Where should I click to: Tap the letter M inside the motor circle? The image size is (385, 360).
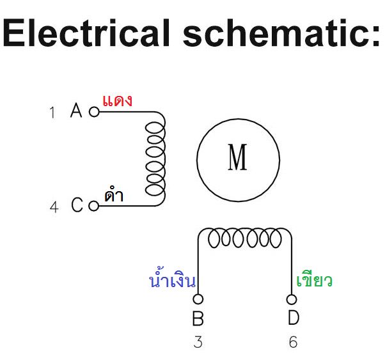click(237, 157)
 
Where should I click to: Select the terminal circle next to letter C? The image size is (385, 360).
click(94, 206)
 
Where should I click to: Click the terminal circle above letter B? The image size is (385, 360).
click(198, 299)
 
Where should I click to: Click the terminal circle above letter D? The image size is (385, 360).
click(292, 299)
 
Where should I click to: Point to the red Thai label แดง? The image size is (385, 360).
click(117, 100)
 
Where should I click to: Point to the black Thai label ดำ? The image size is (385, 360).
click(114, 196)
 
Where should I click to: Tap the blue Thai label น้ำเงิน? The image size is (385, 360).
click(171, 280)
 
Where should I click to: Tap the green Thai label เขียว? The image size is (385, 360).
click(315, 280)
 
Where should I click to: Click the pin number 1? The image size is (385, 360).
click(52, 113)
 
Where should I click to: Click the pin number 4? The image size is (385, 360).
click(54, 207)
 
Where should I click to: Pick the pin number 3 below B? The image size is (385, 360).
click(198, 342)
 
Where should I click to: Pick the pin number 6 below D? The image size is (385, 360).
click(293, 342)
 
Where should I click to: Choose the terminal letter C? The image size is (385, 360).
click(77, 206)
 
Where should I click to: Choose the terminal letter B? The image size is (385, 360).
click(198, 318)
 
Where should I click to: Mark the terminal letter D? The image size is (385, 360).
click(293, 318)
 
